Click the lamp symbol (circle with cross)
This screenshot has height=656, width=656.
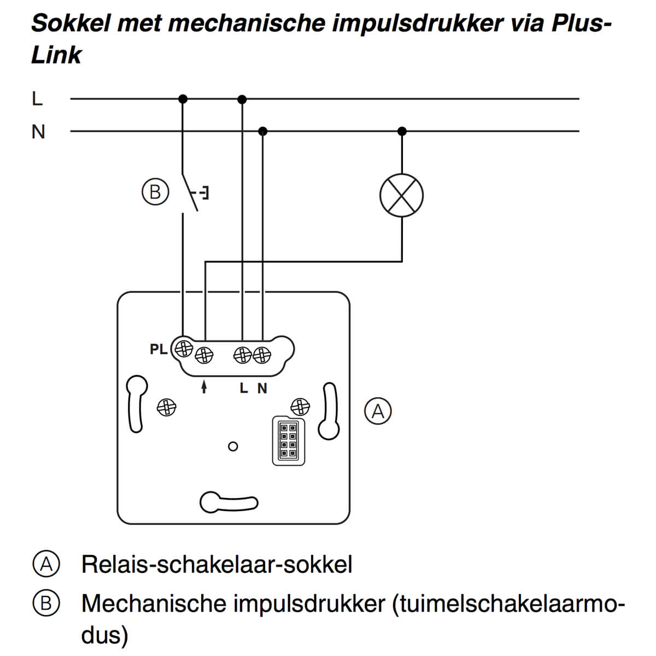(402, 195)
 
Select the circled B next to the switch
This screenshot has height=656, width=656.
(155, 192)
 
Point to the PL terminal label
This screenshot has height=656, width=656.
(159, 349)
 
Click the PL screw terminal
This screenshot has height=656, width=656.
(183, 348)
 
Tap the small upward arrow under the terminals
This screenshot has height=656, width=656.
(204, 387)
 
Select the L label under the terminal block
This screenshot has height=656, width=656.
(244, 388)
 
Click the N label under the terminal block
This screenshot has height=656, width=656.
(262, 388)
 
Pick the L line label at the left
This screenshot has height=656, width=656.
(37, 99)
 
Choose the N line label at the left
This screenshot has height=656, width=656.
(38, 132)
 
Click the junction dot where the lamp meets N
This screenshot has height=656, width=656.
(402, 131)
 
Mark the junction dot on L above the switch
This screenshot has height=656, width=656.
(183, 99)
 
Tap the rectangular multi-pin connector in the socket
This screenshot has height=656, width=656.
(288, 441)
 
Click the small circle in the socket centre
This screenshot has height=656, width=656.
(233, 447)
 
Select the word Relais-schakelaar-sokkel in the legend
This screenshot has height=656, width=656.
(216, 564)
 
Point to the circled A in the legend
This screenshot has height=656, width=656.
(46, 564)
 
